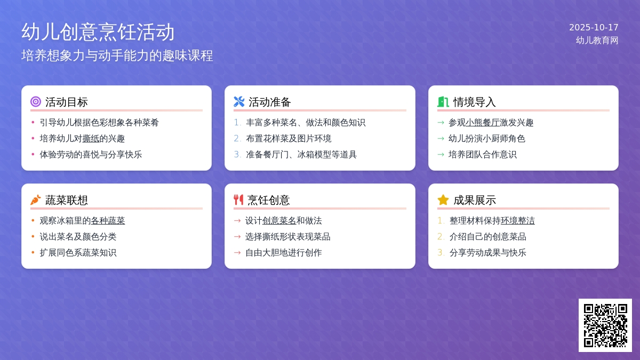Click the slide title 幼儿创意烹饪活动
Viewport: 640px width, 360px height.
click(x=98, y=32)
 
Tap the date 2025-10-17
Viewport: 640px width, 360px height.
click(x=594, y=27)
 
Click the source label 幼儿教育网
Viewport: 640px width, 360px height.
click(x=597, y=40)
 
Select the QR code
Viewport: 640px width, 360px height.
click(x=605, y=325)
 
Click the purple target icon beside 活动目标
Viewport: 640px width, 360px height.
click(x=36, y=101)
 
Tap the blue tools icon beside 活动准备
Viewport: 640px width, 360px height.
click(x=239, y=101)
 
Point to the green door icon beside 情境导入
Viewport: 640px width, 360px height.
click(x=443, y=101)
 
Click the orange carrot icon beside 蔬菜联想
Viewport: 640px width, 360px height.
click(x=36, y=200)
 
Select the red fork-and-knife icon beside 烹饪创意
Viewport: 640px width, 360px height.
click(x=238, y=200)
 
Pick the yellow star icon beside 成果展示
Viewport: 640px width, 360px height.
click(x=443, y=200)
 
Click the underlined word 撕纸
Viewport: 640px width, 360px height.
click(x=91, y=139)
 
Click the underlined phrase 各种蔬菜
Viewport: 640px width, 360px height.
click(x=108, y=221)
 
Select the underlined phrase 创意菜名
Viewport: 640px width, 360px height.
click(x=279, y=221)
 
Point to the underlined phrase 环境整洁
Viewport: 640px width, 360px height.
click(x=517, y=221)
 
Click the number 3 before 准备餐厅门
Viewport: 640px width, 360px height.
click(x=237, y=155)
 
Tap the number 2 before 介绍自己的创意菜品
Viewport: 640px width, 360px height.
click(x=441, y=237)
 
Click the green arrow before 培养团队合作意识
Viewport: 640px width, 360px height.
click(x=441, y=155)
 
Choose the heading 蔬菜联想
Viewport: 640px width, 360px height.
click(x=67, y=200)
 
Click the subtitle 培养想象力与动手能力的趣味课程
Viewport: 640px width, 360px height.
click(x=117, y=55)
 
